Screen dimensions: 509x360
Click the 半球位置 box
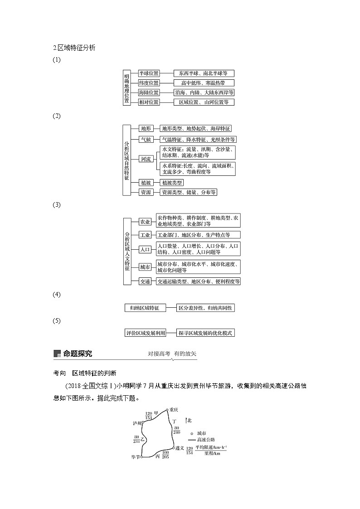click(x=149, y=73)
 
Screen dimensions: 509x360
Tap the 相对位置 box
click(x=149, y=102)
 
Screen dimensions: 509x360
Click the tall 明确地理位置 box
click(x=126, y=87)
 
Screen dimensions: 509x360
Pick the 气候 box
click(x=146, y=139)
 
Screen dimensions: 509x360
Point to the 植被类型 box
click(x=172, y=183)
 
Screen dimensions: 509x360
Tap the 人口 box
click(x=145, y=249)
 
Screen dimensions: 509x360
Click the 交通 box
click(x=145, y=281)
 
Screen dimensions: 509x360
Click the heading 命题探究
click(x=77, y=354)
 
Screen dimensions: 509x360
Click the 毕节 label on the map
click(x=135, y=457)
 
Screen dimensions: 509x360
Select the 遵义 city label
click(x=180, y=448)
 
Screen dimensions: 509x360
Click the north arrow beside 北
click(x=186, y=421)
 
